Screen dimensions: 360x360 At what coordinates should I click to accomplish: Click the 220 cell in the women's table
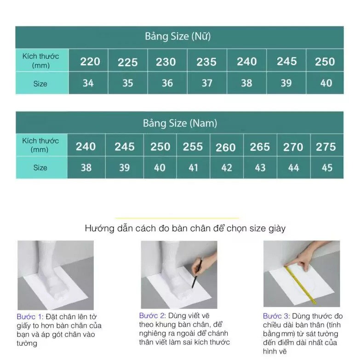(90, 61)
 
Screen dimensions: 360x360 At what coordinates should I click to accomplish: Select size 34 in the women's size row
(88, 83)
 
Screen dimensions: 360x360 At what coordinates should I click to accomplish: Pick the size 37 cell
(207, 83)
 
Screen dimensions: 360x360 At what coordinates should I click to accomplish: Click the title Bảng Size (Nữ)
(177, 37)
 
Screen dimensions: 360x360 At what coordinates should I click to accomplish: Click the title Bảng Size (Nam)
(180, 123)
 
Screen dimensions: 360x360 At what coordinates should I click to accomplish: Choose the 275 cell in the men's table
(326, 147)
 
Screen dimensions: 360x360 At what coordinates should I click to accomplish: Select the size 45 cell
(327, 168)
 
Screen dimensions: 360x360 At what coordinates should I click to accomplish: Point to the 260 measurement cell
(226, 148)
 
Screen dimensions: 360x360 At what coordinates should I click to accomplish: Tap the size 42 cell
(227, 168)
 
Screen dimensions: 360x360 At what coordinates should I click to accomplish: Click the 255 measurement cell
(193, 147)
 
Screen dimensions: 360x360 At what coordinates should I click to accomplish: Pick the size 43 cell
(260, 168)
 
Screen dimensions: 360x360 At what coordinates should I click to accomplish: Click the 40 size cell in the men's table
(160, 168)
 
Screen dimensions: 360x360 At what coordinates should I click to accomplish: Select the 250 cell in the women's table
(325, 62)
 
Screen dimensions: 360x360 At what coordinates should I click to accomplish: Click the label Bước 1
(29, 317)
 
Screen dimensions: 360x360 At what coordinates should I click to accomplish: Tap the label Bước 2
(152, 316)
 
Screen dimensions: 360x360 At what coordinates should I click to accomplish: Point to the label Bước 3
(276, 316)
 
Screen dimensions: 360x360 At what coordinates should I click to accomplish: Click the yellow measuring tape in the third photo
(301, 285)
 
